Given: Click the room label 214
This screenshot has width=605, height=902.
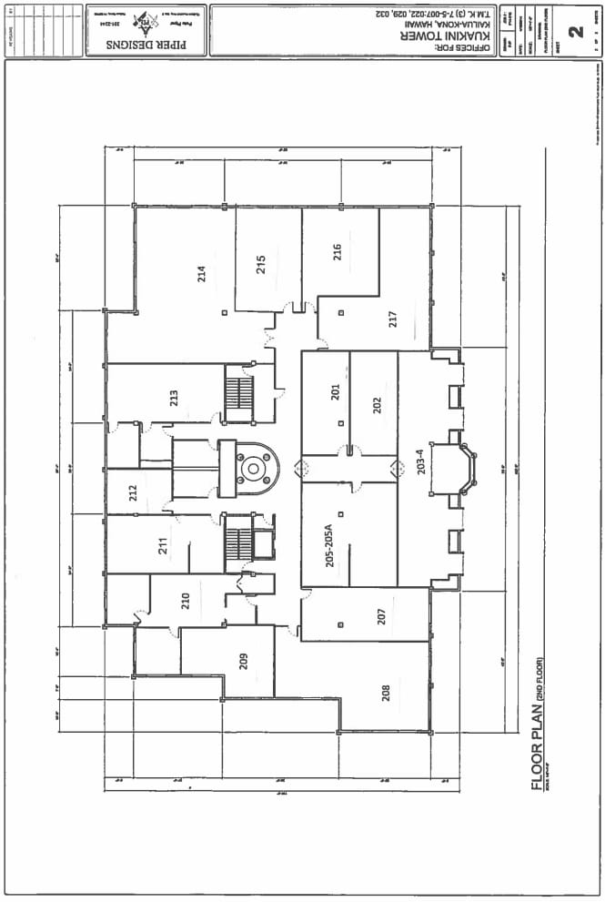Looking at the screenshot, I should (202, 274).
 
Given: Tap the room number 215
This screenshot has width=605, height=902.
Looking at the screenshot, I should (260, 265).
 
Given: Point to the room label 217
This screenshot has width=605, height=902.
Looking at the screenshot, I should (393, 319).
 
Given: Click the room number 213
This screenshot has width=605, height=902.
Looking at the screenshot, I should (173, 398).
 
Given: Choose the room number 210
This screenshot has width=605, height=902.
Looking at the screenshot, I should (185, 601).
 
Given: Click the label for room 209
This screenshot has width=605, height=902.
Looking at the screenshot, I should (244, 662).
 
